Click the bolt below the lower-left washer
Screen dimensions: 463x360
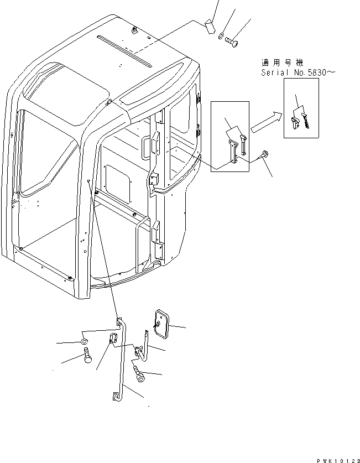coord(87,356)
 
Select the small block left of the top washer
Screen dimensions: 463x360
coord(210,27)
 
